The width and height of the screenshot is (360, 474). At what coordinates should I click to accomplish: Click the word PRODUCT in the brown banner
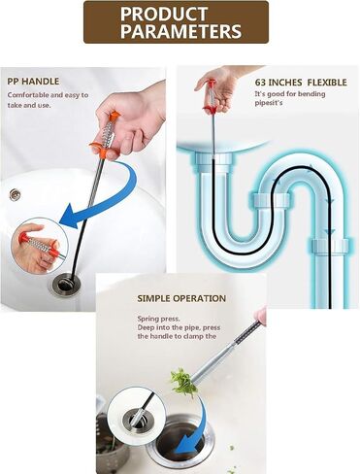tap(164, 14)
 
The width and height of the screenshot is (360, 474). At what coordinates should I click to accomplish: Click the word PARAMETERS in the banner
tap(180, 31)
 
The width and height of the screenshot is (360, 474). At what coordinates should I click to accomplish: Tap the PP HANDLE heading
tap(33, 82)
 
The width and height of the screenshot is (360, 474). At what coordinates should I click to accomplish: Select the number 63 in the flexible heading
tap(260, 83)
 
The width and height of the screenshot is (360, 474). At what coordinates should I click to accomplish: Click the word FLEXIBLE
tap(327, 83)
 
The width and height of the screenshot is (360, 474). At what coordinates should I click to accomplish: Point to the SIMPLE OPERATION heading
tap(181, 298)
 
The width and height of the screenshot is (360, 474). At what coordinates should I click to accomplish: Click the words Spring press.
tap(158, 319)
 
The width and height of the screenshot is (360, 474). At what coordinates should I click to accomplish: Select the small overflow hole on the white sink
tap(15, 194)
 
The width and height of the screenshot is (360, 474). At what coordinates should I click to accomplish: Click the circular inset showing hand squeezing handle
tap(39, 246)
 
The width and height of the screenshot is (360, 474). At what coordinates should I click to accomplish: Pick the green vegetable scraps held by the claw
tap(183, 382)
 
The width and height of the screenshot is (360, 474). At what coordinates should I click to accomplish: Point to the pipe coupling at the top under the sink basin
tap(213, 161)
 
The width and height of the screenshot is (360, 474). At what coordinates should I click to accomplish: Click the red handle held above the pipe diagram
tap(212, 97)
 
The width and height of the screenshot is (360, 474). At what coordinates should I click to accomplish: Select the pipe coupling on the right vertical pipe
tap(330, 247)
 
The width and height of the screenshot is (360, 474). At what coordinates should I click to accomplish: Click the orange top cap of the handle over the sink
tap(115, 116)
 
